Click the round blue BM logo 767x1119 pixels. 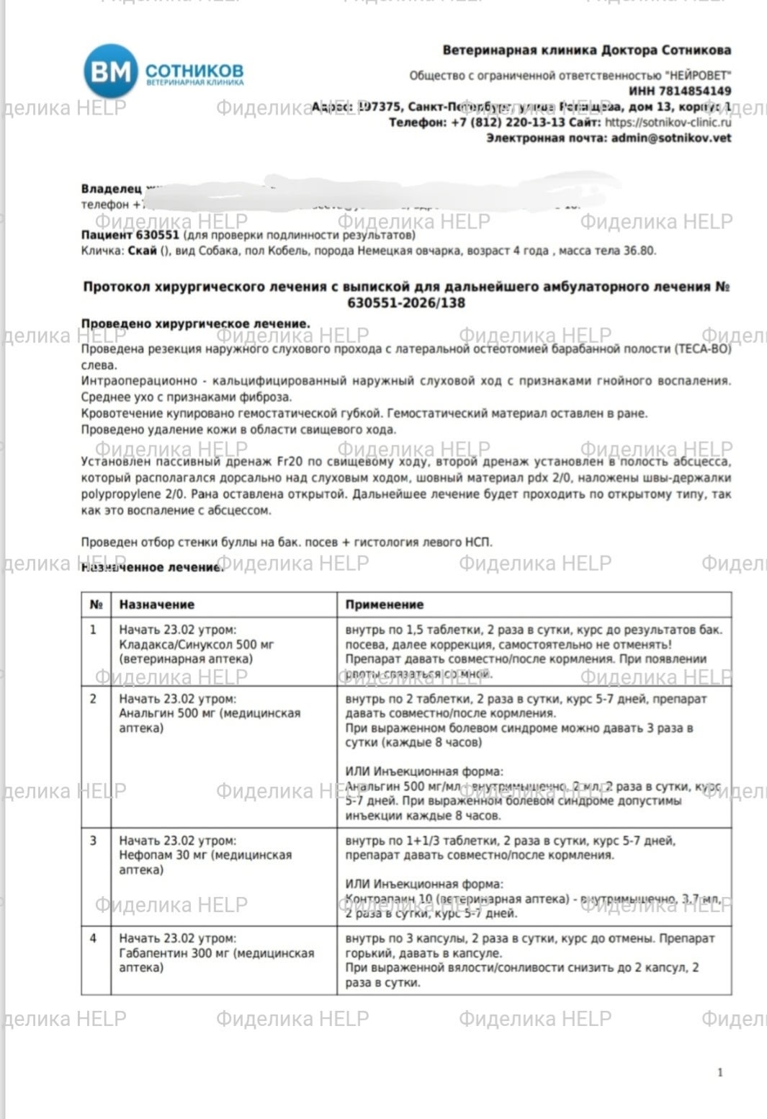(x=110, y=71)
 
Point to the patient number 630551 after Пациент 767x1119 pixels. (x=157, y=235)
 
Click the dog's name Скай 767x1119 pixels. (x=142, y=251)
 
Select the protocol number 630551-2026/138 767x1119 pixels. (x=406, y=303)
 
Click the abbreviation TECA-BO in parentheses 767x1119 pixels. (x=702, y=349)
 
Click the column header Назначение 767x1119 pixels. (x=156, y=605)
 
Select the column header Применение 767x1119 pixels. (x=384, y=605)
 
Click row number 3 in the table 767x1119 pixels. (x=94, y=840)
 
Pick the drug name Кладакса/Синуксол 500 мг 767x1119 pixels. (x=196, y=644)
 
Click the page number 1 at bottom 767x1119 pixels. (x=719, y=1072)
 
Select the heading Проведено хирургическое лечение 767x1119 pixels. (x=195, y=324)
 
